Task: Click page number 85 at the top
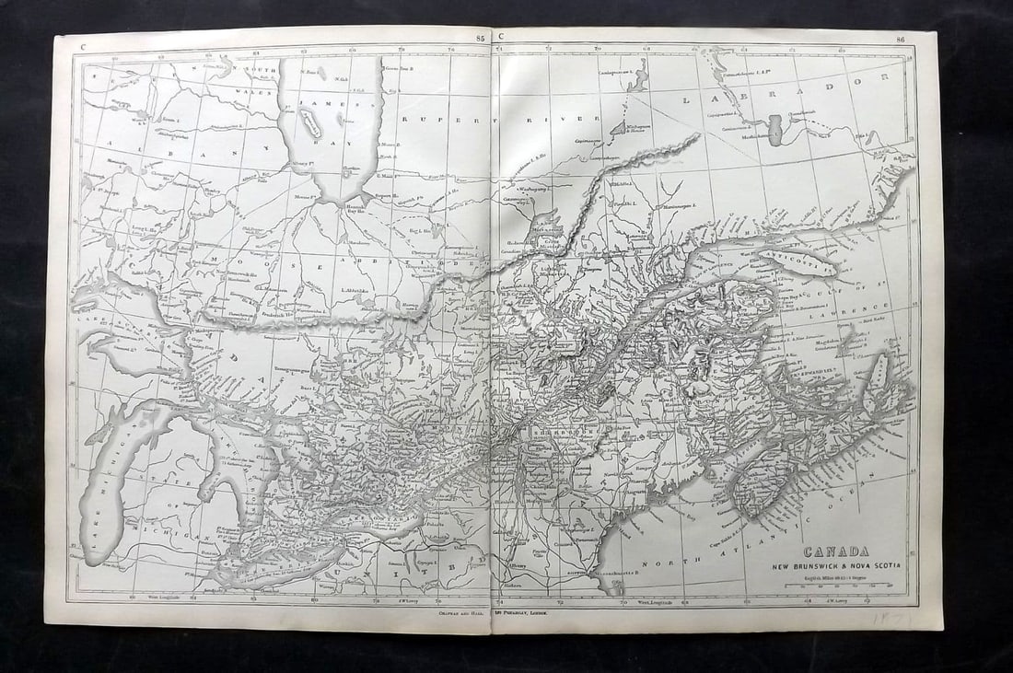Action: coord(480,38)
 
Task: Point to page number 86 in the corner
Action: coord(901,39)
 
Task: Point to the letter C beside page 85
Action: coord(502,38)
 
